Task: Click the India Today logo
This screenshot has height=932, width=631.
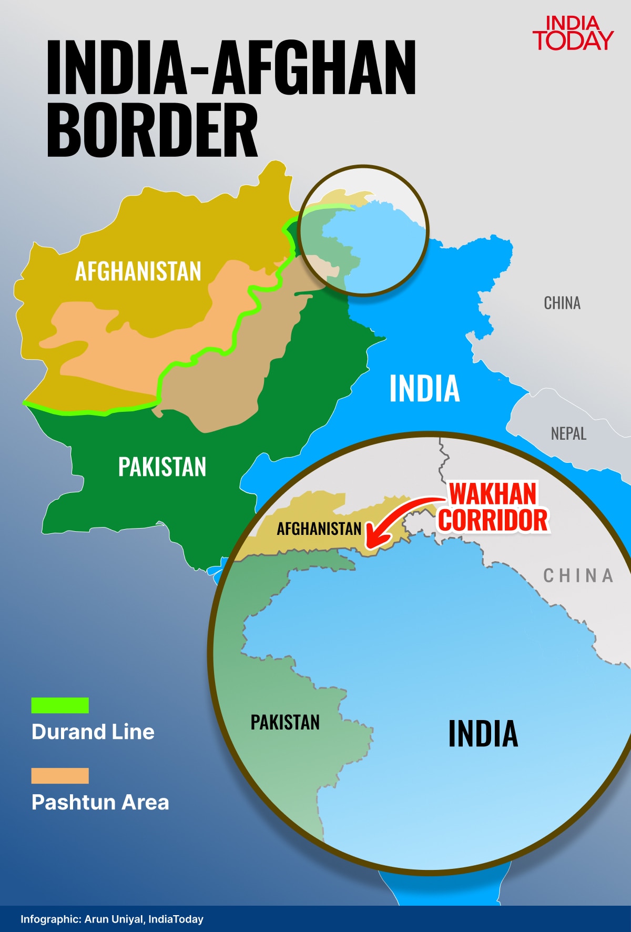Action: tap(573, 33)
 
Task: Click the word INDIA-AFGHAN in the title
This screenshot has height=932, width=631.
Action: tap(231, 67)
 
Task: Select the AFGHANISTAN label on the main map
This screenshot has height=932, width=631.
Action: tap(138, 271)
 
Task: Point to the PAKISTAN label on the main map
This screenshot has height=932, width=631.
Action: tap(162, 467)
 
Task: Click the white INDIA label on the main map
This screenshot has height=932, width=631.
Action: tap(424, 389)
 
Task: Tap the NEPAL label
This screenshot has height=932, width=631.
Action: tap(568, 434)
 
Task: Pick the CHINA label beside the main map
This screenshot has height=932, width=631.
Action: tap(562, 303)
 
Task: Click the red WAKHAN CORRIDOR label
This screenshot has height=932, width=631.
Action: tap(493, 507)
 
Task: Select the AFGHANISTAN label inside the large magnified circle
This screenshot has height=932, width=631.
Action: tap(319, 528)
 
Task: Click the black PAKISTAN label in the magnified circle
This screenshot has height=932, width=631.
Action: tap(285, 722)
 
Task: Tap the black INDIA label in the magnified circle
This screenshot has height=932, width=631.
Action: tap(483, 734)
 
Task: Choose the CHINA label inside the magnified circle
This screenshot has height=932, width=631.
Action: tap(578, 575)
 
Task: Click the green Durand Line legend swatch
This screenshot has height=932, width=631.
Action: tap(60, 705)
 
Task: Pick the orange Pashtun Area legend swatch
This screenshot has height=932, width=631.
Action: tap(60, 776)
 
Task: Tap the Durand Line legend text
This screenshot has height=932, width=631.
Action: tap(93, 732)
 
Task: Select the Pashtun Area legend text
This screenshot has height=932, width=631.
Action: tap(100, 802)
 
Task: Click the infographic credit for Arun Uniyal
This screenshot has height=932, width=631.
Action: tap(112, 919)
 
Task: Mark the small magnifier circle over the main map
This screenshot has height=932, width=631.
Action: tap(363, 230)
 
